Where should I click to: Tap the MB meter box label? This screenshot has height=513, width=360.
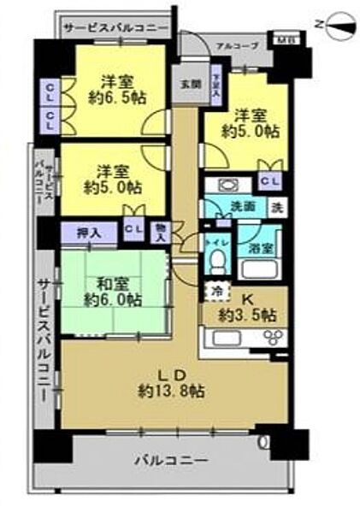pyautogui.click(x=282, y=38)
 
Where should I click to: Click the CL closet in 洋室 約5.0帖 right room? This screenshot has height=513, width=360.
pyautogui.click(x=268, y=180)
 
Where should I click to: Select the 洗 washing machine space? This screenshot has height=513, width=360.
pyautogui.click(x=277, y=206)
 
